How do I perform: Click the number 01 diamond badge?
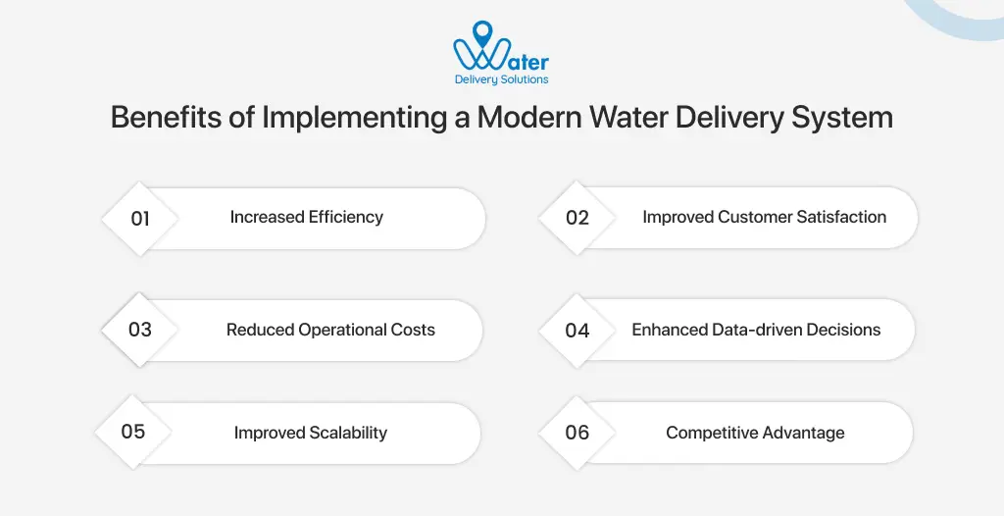tap(140, 218)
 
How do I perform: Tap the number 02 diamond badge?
tap(577, 218)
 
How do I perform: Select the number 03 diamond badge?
tap(140, 330)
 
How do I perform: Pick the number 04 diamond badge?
tap(577, 330)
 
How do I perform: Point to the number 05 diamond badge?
tap(133, 432)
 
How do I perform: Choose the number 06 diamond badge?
tap(577, 433)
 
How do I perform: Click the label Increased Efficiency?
tap(307, 217)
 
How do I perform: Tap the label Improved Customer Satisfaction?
tap(764, 217)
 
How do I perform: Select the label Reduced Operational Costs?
tap(330, 330)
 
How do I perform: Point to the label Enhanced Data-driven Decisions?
tap(756, 330)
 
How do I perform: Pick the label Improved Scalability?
tap(310, 433)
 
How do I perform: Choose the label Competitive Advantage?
tap(755, 433)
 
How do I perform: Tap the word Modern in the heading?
tap(529, 118)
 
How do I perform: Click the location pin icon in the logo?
tap(482, 36)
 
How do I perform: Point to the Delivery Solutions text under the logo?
tap(501, 79)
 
